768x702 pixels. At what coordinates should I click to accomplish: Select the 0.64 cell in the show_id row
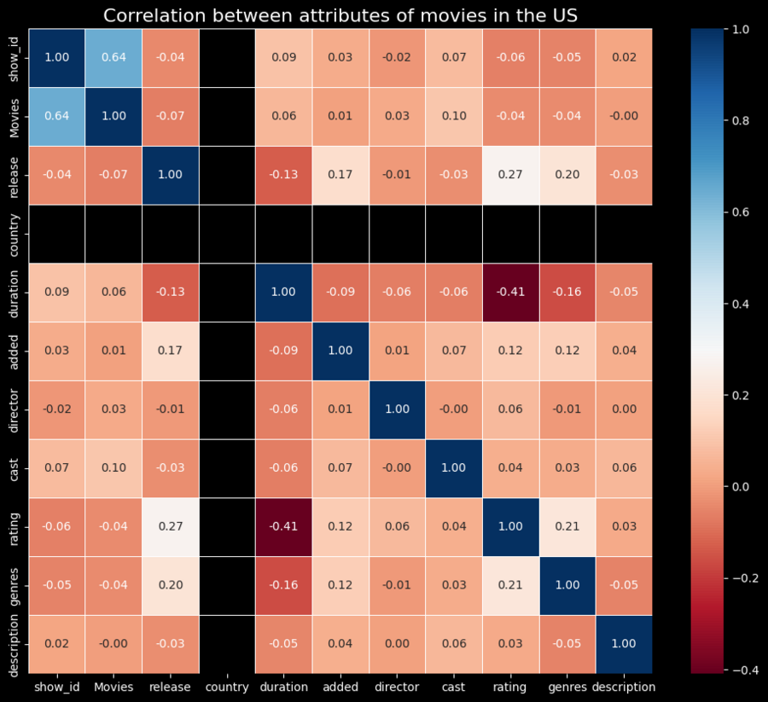click(113, 58)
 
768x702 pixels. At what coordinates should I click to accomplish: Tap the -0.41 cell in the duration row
click(510, 293)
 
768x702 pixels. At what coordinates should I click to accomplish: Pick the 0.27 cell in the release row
click(510, 175)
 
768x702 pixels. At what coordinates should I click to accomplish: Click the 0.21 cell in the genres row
click(510, 585)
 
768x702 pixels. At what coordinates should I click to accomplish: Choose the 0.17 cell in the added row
click(170, 351)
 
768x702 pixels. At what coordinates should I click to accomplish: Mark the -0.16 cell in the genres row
click(283, 585)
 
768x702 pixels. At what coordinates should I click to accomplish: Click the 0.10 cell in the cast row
click(113, 468)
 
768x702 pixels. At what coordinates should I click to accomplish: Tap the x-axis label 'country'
click(227, 687)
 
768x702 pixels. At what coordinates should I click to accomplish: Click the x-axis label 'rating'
click(510, 687)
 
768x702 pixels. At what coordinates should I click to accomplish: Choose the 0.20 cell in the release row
click(567, 175)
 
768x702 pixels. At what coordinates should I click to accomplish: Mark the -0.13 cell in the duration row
click(170, 293)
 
